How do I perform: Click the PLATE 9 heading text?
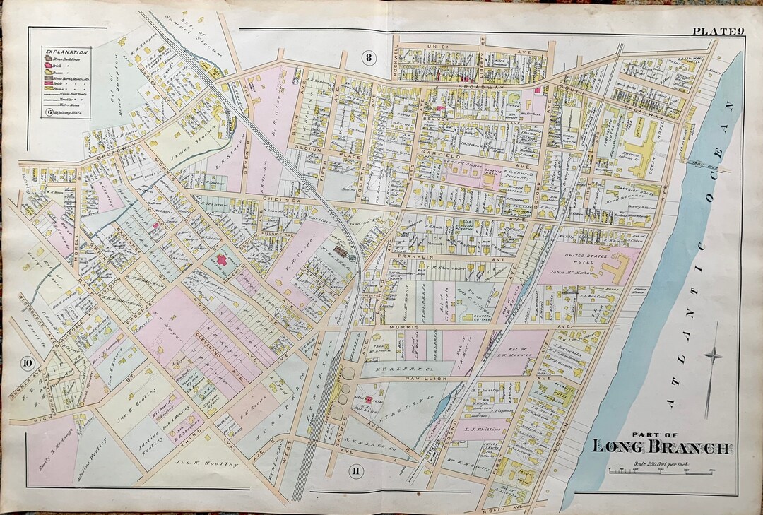716,30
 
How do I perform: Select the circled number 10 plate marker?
27,364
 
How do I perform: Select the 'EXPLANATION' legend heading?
66,52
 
